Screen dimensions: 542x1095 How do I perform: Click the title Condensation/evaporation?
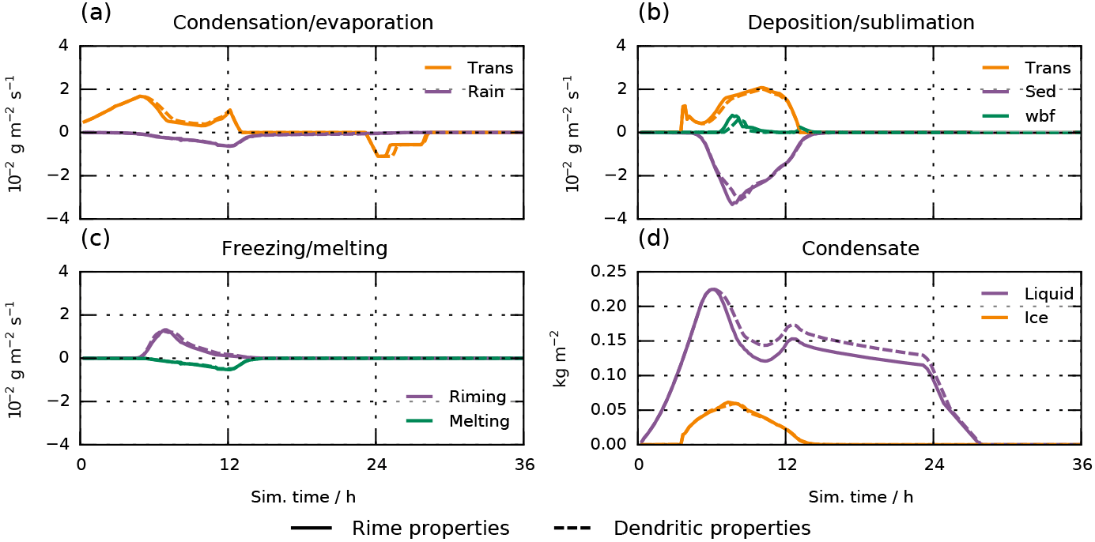(303, 22)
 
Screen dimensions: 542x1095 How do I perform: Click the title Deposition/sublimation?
(861, 22)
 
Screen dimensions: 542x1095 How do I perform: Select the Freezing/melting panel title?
(304, 249)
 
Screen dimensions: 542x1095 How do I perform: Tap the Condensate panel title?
(860, 249)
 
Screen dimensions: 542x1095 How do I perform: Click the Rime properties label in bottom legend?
(431, 527)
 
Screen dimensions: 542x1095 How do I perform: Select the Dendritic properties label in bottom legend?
(712, 527)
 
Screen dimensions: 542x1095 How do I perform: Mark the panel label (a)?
(95, 12)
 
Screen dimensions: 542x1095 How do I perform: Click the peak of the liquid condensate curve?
(712, 289)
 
